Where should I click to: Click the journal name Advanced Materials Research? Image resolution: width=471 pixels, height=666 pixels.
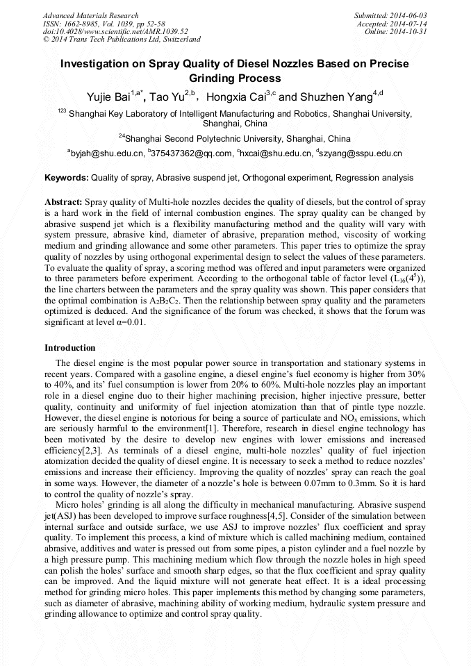[90, 15]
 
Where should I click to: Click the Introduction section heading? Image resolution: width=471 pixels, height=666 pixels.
[70, 347]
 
